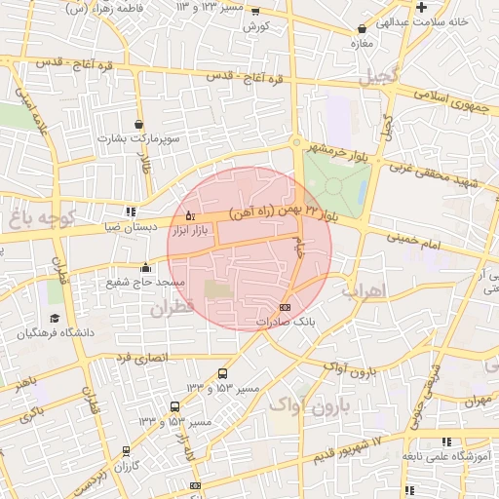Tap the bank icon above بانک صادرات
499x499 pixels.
(x=284, y=306)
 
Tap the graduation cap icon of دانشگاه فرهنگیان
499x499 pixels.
(x=55, y=319)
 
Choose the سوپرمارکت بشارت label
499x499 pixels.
(x=139, y=139)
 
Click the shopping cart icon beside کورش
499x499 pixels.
(x=255, y=12)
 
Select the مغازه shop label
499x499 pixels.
(x=363, y=44)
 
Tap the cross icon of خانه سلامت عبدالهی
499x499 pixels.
(x=420, y=8)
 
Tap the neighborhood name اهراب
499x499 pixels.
(x=365, y=290)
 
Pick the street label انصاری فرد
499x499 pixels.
(x=142, y=358)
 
